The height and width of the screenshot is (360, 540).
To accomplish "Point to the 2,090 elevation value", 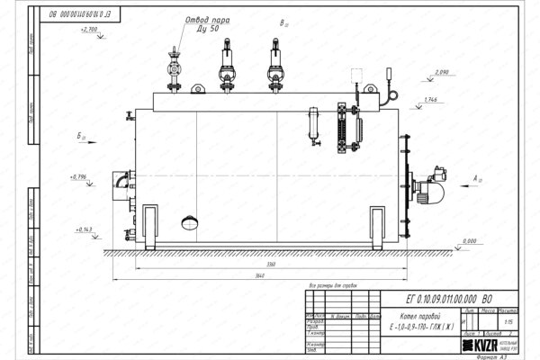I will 441,71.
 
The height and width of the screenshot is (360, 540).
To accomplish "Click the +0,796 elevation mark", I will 79,176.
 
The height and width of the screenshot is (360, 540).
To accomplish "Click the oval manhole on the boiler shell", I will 190,220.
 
